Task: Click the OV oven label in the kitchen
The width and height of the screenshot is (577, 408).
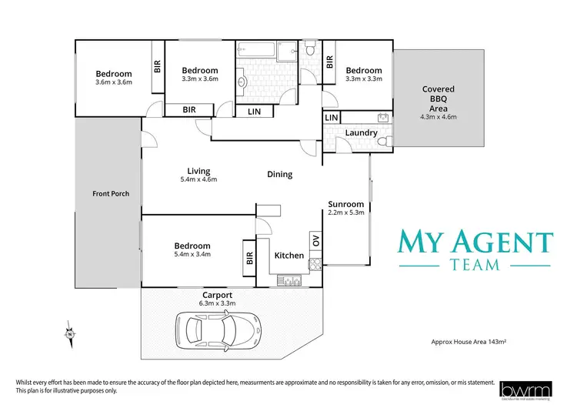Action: [x=315, y=239]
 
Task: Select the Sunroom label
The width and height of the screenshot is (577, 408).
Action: [x=345, y=204]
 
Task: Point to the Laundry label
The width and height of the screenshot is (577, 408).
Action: [x=361, y=132]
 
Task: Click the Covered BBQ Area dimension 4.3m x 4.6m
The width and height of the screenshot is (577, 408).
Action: [x=439, y=118]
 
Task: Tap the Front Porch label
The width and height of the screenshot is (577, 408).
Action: [x=110, y=193]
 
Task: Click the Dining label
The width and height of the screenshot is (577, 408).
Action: [x=279, y=174]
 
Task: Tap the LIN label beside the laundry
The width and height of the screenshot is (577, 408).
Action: [x=331, y=117]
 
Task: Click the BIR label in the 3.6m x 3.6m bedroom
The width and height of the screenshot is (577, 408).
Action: [x=157, y=68]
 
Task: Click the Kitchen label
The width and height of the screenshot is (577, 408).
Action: [x=289, y=255]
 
